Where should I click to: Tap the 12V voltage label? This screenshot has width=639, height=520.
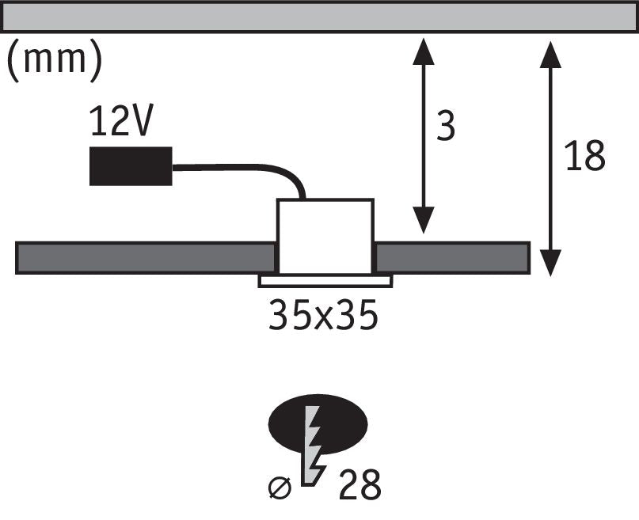(121, 120)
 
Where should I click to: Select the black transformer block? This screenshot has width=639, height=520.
(131, 166)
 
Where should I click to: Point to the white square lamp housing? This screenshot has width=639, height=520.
(325, 237)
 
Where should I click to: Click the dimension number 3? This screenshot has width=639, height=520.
(446, 125)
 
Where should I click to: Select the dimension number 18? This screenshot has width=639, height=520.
(585, 155)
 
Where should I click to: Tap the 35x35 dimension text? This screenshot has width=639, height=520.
(323, 315)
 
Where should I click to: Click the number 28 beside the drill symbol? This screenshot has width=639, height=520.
(359, 484)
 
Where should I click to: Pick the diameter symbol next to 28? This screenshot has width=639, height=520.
(280, 487)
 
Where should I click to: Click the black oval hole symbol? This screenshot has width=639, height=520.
(318, 424)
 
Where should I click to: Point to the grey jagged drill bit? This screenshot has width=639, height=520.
(314, 446)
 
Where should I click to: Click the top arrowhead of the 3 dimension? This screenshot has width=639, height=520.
(424, 51)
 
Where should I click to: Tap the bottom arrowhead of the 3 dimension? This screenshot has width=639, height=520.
(424, 220)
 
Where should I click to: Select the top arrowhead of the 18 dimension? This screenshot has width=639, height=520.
(550, 55)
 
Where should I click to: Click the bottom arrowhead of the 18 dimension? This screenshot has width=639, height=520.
(550, 263)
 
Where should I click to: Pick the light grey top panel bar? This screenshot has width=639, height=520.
(320, 17)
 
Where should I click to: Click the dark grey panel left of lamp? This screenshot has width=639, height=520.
(146, 258)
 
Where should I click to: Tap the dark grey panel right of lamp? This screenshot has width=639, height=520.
(452, 258)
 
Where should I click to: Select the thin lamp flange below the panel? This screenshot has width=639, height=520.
(325, 281)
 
